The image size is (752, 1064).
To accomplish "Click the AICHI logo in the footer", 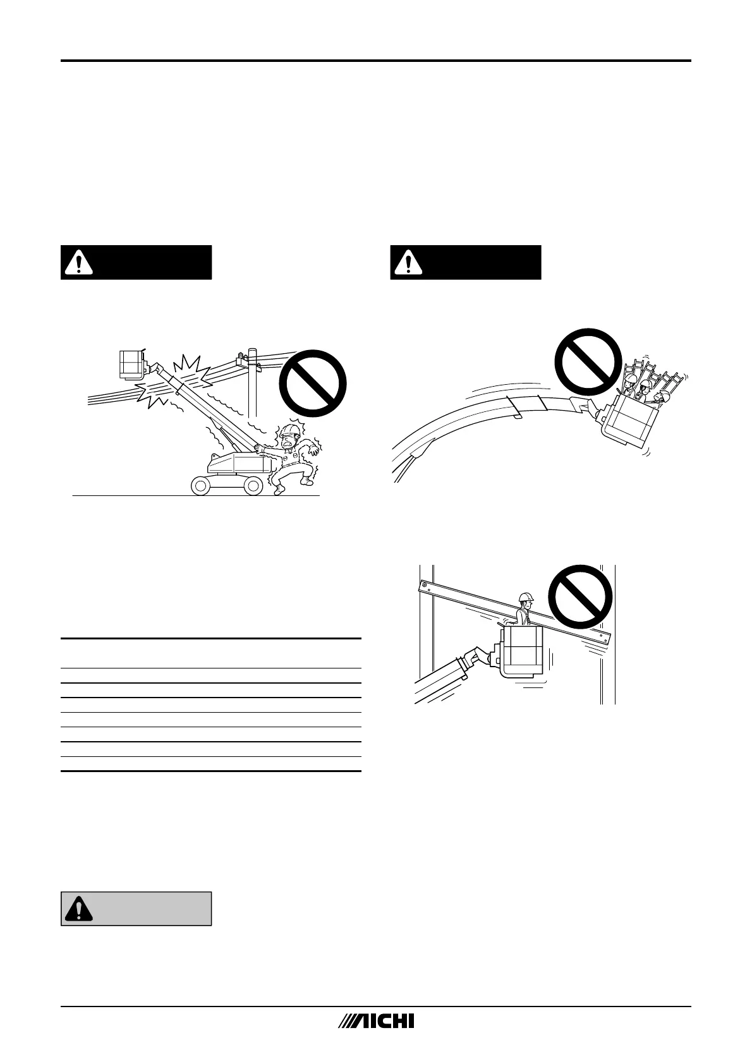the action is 376,1022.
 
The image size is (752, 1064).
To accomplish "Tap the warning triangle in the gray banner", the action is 78,909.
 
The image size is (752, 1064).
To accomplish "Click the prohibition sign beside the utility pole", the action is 313,384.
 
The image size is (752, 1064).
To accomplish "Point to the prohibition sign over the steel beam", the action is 579,596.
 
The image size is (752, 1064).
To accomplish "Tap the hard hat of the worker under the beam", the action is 526,597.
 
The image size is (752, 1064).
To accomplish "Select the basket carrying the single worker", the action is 522,651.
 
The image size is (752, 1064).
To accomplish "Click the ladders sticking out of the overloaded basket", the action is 657,376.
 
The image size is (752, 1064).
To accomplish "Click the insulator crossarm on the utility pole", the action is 243,361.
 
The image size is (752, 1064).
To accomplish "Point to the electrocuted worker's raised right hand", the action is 258,447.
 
